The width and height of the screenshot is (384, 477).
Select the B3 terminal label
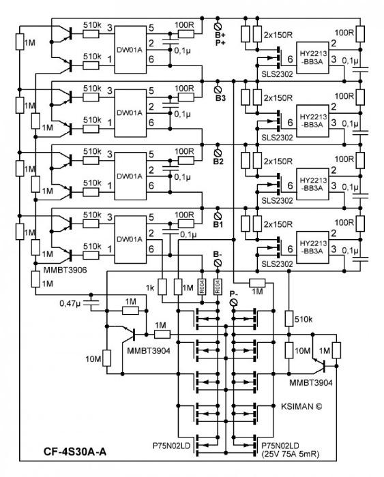pyautogui.click(x=219, y=97)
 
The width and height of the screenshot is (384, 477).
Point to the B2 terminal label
pyautogui.click(x=219, y=161)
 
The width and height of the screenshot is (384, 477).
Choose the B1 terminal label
pyautogui.click(x=218, y=224)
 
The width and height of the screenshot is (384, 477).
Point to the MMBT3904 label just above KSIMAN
pyautogui.click(x=311, y=383)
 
